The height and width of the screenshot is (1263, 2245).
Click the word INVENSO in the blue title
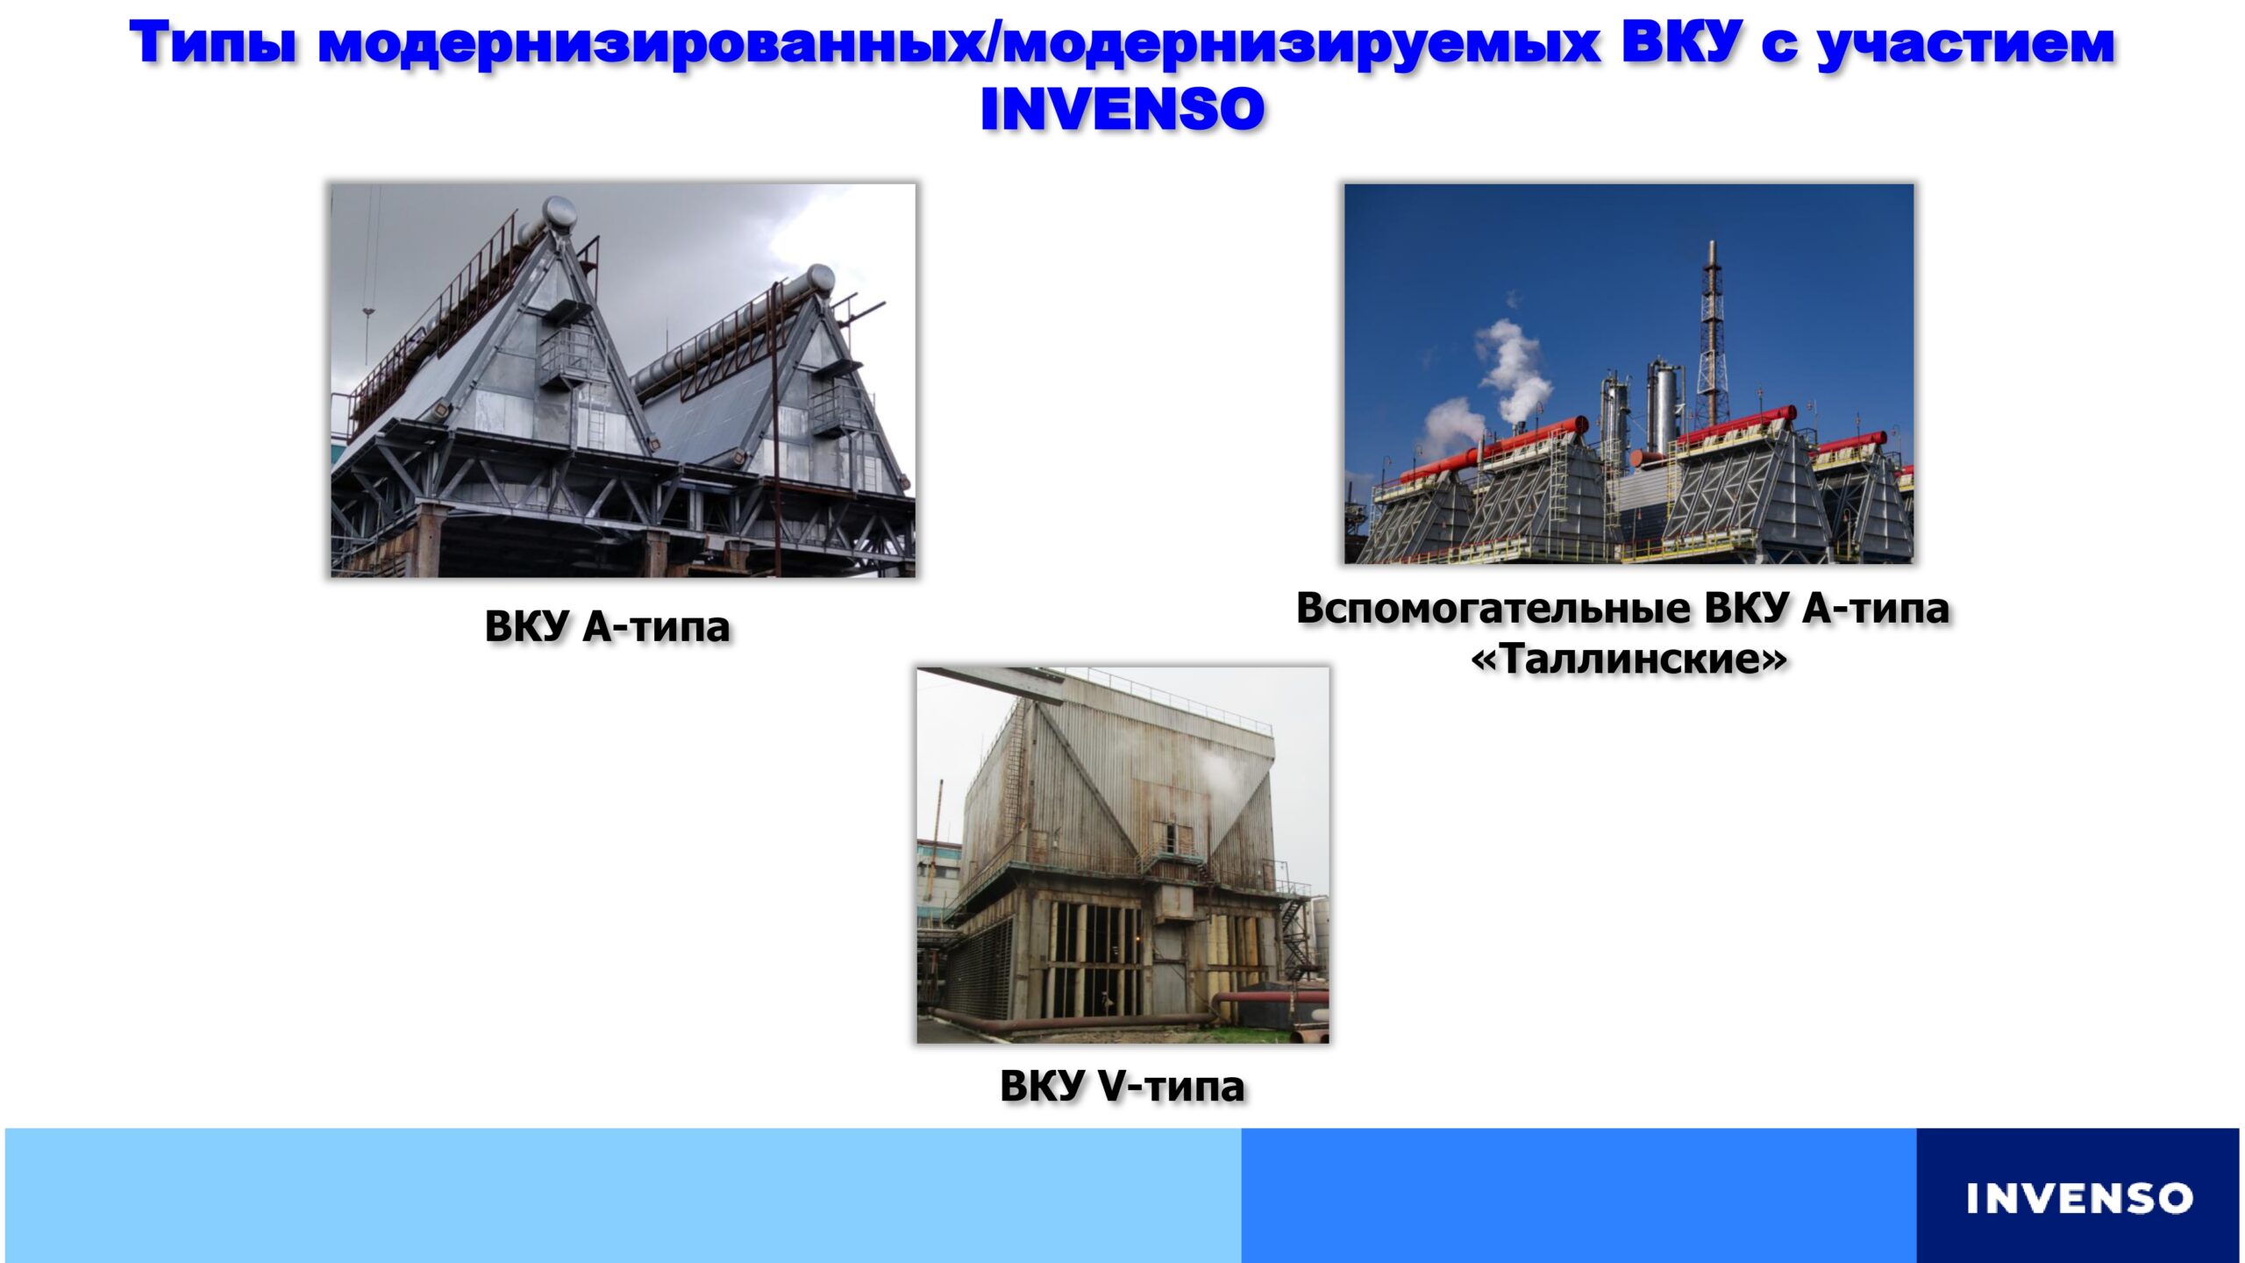point(1122,110)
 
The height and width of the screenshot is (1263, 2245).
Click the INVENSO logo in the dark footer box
point(2079,1198)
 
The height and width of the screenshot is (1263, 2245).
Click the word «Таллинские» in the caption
point(1629,658)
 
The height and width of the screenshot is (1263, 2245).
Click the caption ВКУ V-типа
point(1122,1086)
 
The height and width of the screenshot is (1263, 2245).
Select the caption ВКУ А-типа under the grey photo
point(607,626)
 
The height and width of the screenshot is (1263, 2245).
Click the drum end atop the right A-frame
point(821,278)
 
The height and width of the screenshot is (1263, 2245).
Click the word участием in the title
point(1965,44)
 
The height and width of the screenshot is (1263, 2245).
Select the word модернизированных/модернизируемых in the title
point(959,44)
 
